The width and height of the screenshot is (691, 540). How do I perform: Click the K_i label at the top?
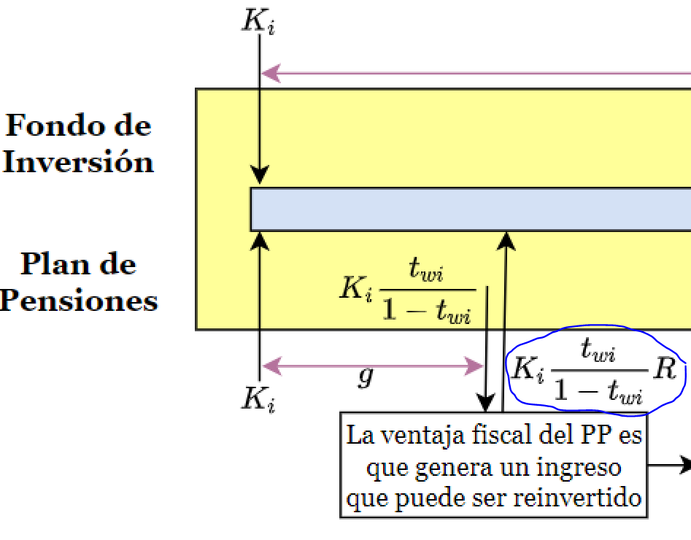coord(258,22)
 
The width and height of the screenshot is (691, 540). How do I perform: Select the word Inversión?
coord(78,162)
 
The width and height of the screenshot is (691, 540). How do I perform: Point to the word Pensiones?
coord(78,301)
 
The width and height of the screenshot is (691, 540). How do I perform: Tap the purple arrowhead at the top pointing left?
coord(270,73)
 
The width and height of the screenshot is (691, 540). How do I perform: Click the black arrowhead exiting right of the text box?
coord(684,464)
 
